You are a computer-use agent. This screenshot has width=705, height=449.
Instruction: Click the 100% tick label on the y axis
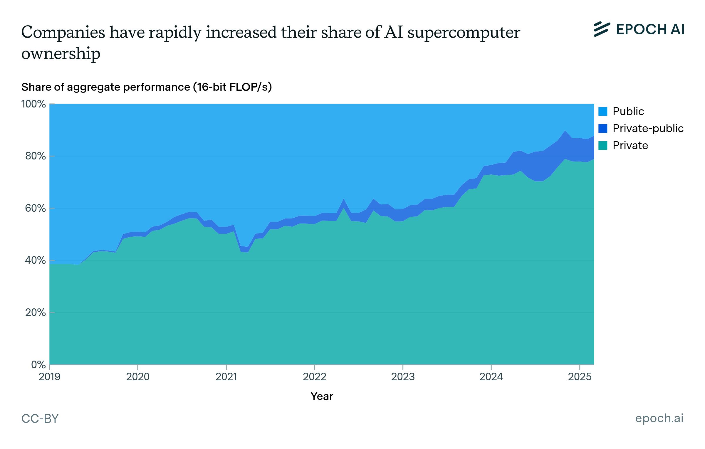click(33, 104)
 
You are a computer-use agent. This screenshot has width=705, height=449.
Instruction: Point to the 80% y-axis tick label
click(35, 156)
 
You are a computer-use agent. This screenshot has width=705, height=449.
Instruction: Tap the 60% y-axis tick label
click(35, 208)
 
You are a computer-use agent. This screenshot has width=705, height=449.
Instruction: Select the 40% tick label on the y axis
click(35, 260)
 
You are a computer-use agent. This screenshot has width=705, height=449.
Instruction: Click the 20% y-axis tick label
click(35, 312)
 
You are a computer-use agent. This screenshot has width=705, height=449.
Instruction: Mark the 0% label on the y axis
click(38, 365)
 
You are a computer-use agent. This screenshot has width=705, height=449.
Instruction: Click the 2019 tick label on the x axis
click(49, 376)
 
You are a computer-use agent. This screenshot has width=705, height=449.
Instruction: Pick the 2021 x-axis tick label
click(226, 376)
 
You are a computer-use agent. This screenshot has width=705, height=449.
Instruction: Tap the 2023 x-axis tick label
click(403, 376)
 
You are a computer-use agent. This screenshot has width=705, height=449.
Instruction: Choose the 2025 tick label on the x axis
click(580, 376)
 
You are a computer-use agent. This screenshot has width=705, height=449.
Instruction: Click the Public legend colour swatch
click(603, 112)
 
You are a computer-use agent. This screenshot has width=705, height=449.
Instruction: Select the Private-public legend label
click(648, 128)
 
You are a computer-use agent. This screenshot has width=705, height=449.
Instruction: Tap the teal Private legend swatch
click(603, 145)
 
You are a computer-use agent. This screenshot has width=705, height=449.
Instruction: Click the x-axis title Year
click(322, 396)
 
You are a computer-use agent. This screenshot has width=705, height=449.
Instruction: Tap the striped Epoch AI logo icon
click(602, 29)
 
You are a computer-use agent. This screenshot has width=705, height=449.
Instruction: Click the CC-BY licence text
click(40, 418)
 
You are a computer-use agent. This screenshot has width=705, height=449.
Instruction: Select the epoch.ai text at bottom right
click(659, 418)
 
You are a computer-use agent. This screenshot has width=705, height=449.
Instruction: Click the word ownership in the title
click(61, 54)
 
